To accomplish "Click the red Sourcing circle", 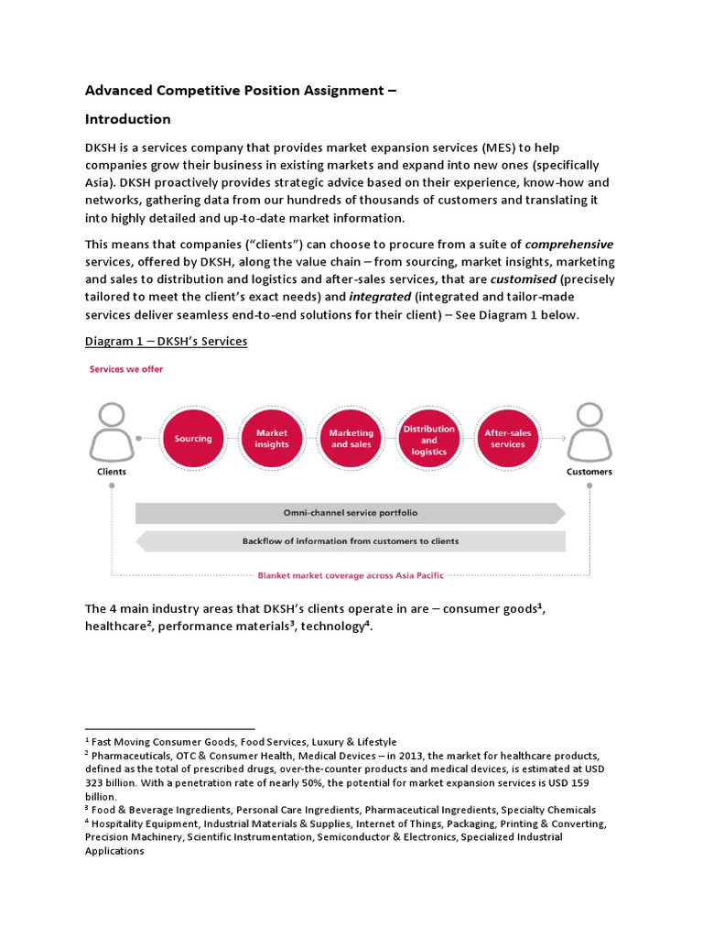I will pyautogui.click(x=193, y=438).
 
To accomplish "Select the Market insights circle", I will pyautogui.click(x=272, y=438).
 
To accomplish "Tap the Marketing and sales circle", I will pyautogui.click(x=351, y=438).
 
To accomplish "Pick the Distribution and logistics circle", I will pyautogui.click(x=429, y=439).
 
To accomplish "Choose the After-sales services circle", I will pyautogui.click(x=508, y=438).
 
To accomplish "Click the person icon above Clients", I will pyautogui.click(x=112, y=432).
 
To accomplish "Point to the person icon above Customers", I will pyautogui.click(x=589, y=432).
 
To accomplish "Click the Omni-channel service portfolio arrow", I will pyautogui.click(x=351, y=513).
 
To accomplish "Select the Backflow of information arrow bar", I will pyautogui.click(x=351, y=541).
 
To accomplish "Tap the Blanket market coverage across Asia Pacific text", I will pyautogui.click(x=351, y=575).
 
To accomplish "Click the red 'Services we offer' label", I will pyautogui.click(x=125, y=369).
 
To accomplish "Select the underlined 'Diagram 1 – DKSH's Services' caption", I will pyautogui.click(x=166, y=342).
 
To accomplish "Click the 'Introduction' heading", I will pyautogui.click(x=127, y=119).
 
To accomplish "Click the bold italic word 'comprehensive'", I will pyautogui.click(x=569, y=244).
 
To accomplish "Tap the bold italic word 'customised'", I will pyautogui.click(x=522, y=278).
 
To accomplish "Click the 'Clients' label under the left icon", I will pyautogui.click(x=112, y=472).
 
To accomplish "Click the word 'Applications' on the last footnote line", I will pyautogui.click(x=114, y=850).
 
